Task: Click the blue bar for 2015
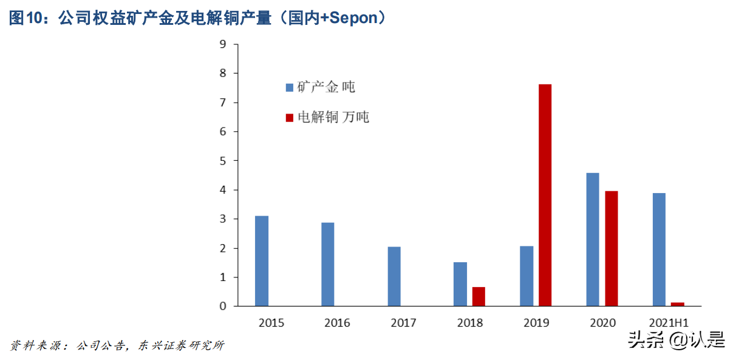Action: (262, 261)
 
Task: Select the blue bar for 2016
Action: (328, 264)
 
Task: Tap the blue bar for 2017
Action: (394, 276)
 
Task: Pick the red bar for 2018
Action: (479, 296)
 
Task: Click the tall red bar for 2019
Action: (545, 195)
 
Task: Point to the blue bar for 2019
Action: (526, 276)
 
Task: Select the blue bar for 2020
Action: (593, 239)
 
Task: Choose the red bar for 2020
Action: (612, 248)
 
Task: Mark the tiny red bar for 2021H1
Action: (678, 304)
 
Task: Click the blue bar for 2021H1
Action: (659, 250)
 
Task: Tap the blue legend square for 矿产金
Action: (290, 87)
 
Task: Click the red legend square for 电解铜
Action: (290, 117)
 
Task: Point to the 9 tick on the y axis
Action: (223, 44)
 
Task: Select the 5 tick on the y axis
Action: (223, 161)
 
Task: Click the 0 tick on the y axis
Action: (223, 307)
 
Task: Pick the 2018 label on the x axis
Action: (469, 323)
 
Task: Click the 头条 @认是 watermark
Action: (676, 341)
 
